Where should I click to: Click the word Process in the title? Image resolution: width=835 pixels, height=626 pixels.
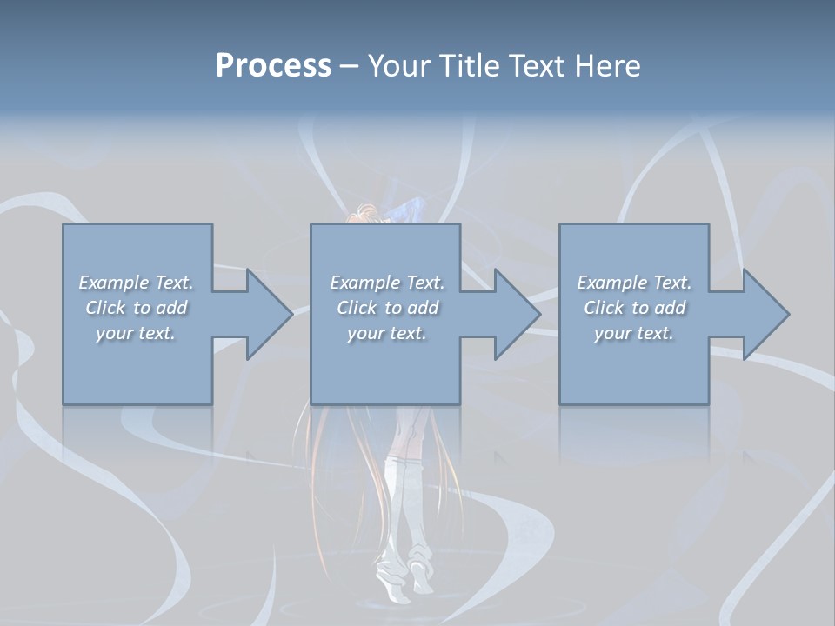273,66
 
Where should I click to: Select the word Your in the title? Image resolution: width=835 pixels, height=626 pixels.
399,66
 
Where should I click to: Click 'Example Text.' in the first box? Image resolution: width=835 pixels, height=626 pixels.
136,283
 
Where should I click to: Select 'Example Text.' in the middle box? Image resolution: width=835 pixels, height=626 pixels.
387,283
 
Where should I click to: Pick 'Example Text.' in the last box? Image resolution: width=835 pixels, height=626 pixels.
634,283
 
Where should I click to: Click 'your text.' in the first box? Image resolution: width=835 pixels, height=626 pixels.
136,333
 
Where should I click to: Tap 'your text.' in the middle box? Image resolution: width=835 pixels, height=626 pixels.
387,333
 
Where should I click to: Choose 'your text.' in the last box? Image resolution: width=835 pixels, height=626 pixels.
634,333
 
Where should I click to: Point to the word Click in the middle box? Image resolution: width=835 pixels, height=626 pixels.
357,308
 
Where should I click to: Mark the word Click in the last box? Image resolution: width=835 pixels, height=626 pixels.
604,308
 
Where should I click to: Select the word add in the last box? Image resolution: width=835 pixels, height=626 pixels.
671,308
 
